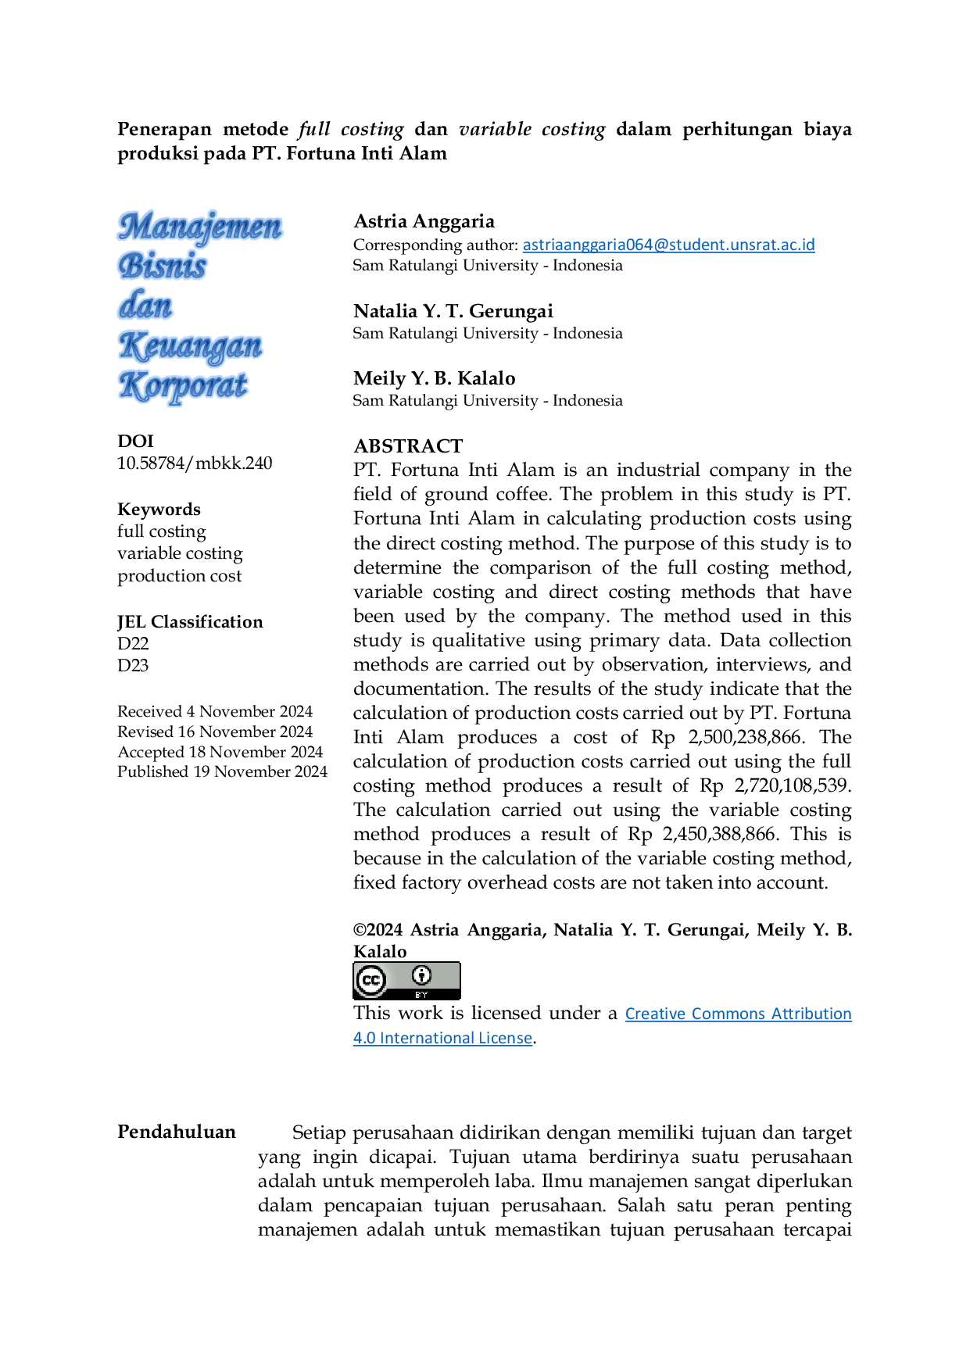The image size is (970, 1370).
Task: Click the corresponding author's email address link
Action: [x=668, y=245]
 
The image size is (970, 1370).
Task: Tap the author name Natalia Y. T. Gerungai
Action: [x=453, y=311]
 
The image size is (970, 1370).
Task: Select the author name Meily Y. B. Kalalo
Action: [x=435, y=378]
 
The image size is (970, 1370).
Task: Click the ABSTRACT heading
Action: [x=408, y=445]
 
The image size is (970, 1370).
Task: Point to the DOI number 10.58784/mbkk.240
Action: [x=195, y=463]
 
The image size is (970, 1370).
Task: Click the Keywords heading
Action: [x=159, y=509]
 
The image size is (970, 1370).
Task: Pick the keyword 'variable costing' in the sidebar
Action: [x=180, y=553]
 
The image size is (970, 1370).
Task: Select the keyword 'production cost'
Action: [x=179, y=576]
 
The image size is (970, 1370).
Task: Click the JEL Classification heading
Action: [x=190, y=621]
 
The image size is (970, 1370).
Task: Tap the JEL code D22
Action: [x=133, y=643]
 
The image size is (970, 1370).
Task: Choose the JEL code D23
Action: [x=133, y=665]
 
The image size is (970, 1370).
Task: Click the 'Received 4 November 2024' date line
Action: [x=215, y=711]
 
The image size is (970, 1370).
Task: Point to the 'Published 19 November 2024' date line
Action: [x=222, y=771]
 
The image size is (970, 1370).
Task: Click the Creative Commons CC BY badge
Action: [x=406, y=981]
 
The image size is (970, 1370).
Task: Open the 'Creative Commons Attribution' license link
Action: [x=738, y=1014]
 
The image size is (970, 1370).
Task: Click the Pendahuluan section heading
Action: [x=177, y=1132]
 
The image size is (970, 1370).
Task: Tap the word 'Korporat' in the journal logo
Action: [x=184, y=386]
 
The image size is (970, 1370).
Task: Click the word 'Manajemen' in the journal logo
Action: [x=200, y=227]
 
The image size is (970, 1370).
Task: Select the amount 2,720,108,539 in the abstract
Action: [x=791, y=785]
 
